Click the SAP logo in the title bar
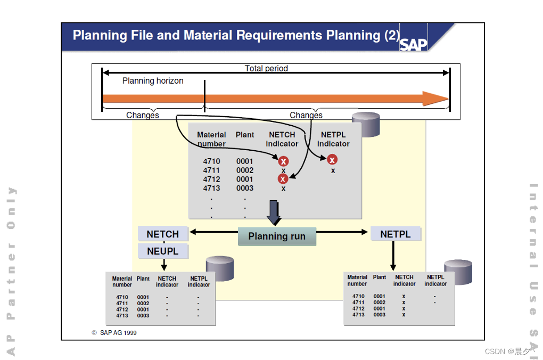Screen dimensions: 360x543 (414, 44)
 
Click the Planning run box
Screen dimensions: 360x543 (277, 236)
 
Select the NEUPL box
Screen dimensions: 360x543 (163, 251)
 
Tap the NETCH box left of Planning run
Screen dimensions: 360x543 (163, 234)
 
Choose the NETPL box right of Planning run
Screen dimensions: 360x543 (396, 234)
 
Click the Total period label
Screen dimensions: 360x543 (266, 68)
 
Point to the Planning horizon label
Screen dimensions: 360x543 (153, 81)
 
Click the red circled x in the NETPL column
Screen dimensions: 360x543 (332, 159)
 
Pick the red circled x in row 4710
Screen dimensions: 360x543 (284, 161)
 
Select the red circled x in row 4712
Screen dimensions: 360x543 (283, 179)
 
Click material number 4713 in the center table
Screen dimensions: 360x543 (211, 188)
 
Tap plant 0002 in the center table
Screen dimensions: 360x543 (245, 170)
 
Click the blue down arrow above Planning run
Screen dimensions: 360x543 (274, 212)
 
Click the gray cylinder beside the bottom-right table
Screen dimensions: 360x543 (458, 272)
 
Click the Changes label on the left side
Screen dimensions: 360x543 (142, 115)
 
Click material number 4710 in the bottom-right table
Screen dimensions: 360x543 (358, 296)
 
